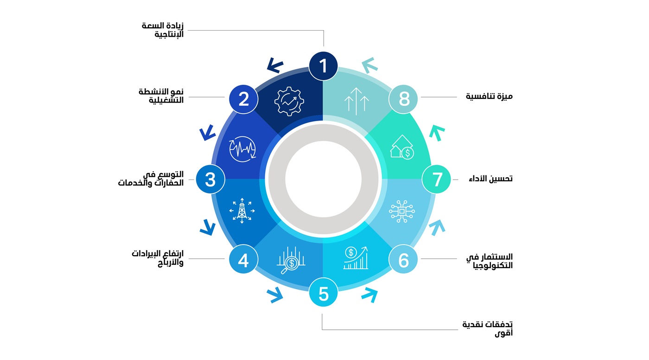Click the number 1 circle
pyautogui.click(x=323, y=66)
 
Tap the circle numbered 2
pyautogui.click(x=243, y=99)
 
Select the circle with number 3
pyautogui.click(x=210, y=179)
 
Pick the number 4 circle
pyautogui.click(x=243, y=259)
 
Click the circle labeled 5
pyautogui.click(x=324, y=292)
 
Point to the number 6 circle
pyautogui.click(x=403, y=259)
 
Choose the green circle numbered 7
pyautogui.click(x=436, y=179)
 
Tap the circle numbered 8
pyautogui.click(x=403, y=99)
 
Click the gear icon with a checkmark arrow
pyautogui.click(x=289, y=102)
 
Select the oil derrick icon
pyautogui.click(x=242, y=211)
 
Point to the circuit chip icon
pyautogui.click(x=401, y=211)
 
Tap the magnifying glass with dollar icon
pyautogui.click(x=291, y=260)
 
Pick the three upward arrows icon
pyautogui.click(x=356, y=102)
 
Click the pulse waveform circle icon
pyautogui.click(x=242, y=149)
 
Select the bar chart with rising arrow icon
pyautogui.click(x=356, y=258)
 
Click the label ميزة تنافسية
pyautogui.click(x=489, y=96)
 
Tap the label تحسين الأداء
pyautogui.click(x=490, y=179)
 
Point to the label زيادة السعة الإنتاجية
pyautogui.click(x=163, y=30)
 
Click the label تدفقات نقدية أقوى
pyautogui.click(x=487, y=329)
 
